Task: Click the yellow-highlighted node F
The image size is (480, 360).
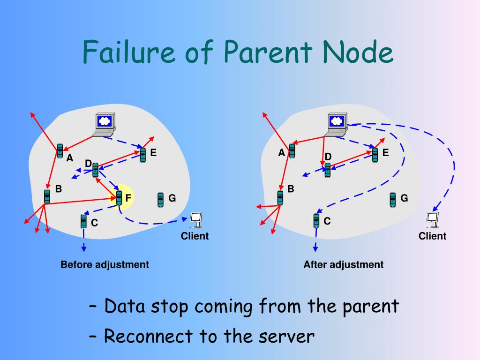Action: [119, 198]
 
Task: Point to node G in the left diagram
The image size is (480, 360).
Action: [161, 199]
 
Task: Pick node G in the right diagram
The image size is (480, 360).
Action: [393, 199]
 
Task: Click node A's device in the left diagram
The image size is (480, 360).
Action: [60, 150]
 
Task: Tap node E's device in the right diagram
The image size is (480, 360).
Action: [375, 155]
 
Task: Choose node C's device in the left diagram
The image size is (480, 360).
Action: [83, 221]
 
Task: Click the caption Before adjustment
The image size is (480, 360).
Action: [105, 264]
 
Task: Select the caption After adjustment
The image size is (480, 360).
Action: [343, 264]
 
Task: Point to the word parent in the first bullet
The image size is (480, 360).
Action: [370, 307]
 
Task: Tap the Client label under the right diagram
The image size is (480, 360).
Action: [432, 236]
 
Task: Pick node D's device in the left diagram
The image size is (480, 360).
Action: [95, 170]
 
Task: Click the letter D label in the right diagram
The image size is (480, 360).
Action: [328, 156]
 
